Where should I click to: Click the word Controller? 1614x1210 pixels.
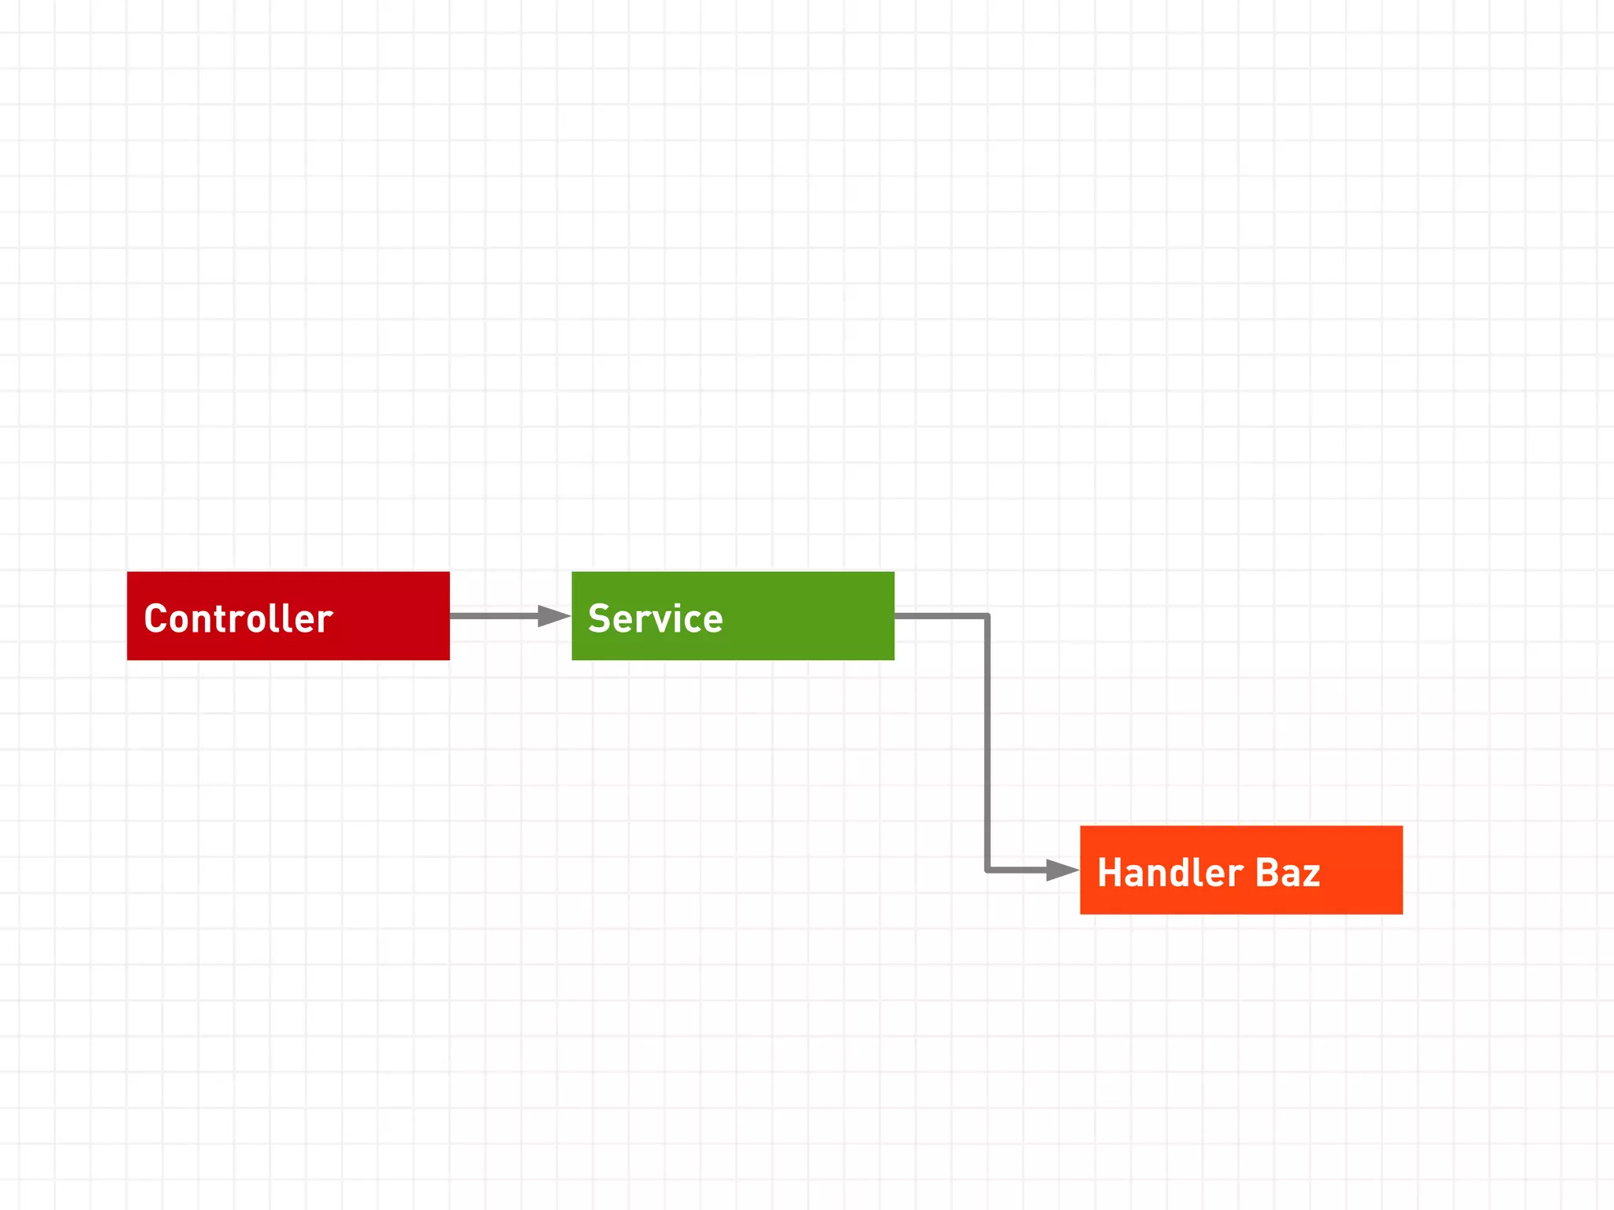(238, 618)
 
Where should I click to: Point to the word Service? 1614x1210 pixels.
(655, 618)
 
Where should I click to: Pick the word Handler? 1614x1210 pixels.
(1170, 873)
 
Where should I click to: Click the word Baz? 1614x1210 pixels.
(1287, 873)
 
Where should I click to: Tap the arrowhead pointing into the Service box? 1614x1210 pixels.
(553, 615)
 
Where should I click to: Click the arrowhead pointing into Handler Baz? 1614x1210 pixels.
(1062, 870)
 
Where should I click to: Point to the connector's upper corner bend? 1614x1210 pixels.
(987, 616)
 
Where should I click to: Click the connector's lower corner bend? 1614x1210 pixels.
(987, 870)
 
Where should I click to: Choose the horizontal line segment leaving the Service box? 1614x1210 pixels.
(939, 615)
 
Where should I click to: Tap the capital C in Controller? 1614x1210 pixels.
(156, 618)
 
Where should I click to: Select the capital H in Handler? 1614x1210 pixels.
(1110, 873)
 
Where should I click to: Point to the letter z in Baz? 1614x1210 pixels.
(1311, 876)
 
